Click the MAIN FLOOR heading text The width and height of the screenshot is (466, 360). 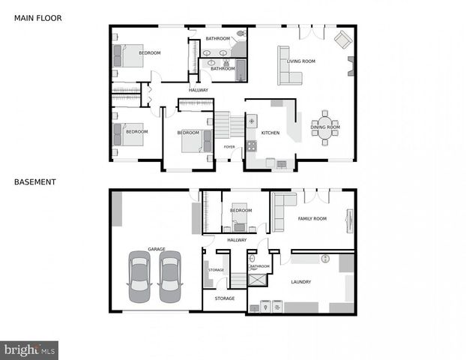pyautogui.click(x=37, y=17)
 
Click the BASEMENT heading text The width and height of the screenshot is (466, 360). pyautogui.click(x=34, y=181)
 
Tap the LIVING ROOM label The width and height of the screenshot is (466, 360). pyautogui.click(x=301, y=61)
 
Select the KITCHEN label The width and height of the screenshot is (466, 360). pyautogui.click(x=270, y=133)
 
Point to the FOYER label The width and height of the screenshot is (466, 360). pyautogui.click(x=229, y=147)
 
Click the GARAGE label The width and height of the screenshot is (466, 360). pyautogui.click(x=156, y=248)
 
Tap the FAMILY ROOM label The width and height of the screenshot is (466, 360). pyautogui.click(x=312, y=218)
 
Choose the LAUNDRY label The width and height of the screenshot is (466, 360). pyautogui.click(x=300, y=282)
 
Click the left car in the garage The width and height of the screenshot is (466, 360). pyautogui.click(x=140, y=275)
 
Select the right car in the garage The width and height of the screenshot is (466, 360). pyautogui.click(x=170, y=275)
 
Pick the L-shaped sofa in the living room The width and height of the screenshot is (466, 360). pyautogui.click(x=288, y=67)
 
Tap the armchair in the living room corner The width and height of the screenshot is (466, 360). pyautogui.click(x=342, y=40)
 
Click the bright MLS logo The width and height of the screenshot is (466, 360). pyautogui.click(x=29, y=349)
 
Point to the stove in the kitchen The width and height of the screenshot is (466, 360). pyautogui.click(x=252, y=145)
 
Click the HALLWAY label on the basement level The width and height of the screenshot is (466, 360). pyautogui.click(x=237, y=240)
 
